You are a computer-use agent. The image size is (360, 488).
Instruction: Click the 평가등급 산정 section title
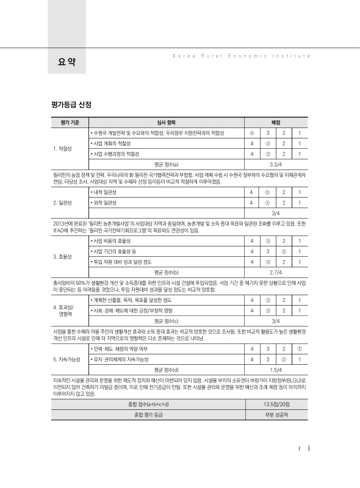point(72,105)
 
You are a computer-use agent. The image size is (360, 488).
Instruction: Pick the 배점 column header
point(276,123)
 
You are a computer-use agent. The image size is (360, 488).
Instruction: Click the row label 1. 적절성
point(63,148)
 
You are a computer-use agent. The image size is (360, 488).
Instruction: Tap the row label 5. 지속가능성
point(67,359)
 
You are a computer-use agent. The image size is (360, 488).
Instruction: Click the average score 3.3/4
point(276,164)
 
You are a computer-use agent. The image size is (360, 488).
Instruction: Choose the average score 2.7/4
point(276,272)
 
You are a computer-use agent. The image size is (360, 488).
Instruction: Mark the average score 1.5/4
point(276,370)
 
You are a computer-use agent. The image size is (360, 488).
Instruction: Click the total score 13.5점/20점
point(276,404)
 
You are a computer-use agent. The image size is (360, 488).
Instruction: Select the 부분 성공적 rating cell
point(276,415)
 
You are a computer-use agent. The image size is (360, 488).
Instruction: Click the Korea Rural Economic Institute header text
point(238,55)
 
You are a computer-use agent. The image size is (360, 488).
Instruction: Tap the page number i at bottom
point(309,448)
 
